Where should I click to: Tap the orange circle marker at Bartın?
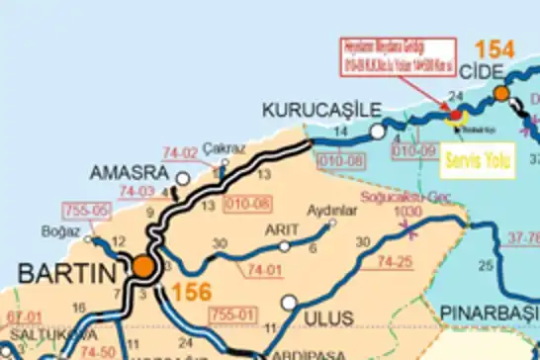(x=144, y=266)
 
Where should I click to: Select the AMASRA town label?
(x=127, y=172)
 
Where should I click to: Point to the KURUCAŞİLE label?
(x=314, y=110)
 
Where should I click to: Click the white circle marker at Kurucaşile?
(x=377, y=132)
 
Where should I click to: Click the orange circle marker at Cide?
(x=501, y=93)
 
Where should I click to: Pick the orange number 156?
(x=190, y=293)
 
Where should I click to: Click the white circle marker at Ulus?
(x=289, y=303)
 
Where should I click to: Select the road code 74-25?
(x=394, y=261)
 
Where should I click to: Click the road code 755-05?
(x=84, y=211)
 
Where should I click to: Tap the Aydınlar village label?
(x=331, y=210)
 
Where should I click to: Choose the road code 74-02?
(x=180, y=153)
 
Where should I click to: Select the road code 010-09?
(x=412, y=151)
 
